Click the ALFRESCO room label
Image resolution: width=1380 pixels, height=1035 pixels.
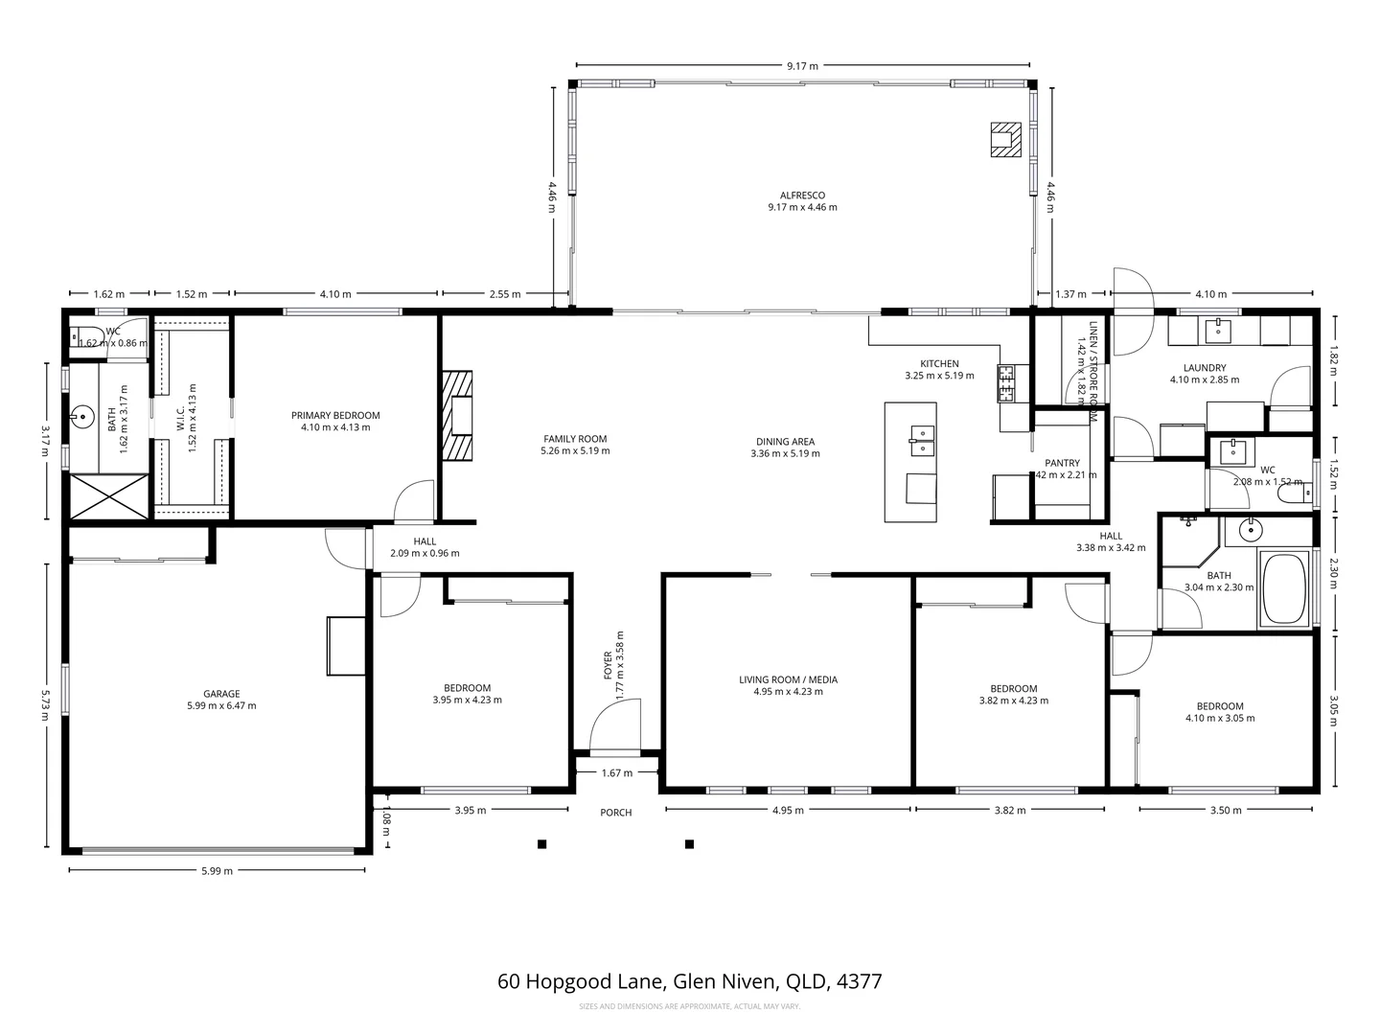(802, 195)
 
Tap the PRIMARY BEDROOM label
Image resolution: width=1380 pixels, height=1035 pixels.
(335, 416)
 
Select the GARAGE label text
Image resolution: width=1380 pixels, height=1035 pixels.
(221, 694)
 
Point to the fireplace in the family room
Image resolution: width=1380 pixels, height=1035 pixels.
(457, 416)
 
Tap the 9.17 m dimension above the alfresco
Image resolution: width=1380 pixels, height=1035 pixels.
(802, 66)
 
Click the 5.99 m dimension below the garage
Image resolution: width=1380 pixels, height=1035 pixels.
(218, 871)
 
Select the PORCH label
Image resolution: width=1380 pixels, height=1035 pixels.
(616, 813)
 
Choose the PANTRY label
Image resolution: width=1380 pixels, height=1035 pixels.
(1063, 463)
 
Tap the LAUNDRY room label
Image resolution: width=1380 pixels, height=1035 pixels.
(1205, 368)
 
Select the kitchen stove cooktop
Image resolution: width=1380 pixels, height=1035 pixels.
(1007, 383)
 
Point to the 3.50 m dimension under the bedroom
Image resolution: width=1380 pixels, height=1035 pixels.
(1226, 811)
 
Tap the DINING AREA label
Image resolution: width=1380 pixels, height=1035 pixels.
(785, 442)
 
